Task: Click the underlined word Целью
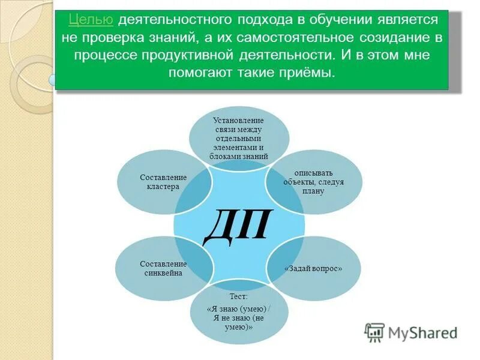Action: pyautogui.click(x=91, y=20)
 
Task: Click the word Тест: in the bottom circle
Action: pyautogui.click(x=238, y=296)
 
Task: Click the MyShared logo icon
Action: pyautogui.click(x=375, y=331)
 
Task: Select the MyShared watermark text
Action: pyautogui.click(x=422, y=332)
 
